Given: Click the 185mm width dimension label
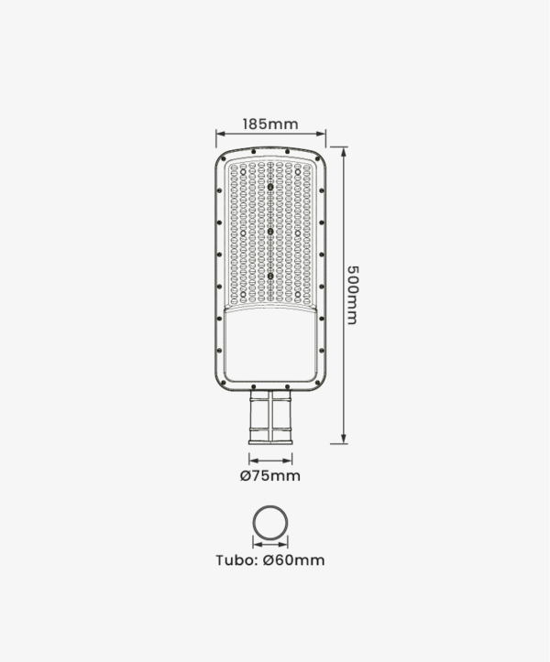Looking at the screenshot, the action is point(270,125).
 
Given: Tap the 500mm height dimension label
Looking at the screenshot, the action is point(352,295).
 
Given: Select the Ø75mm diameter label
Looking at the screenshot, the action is point(270,476).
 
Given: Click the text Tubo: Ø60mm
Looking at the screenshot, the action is point(270,560).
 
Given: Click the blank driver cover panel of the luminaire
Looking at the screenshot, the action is point(270,344).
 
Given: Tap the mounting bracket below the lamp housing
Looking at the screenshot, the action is point(270,418).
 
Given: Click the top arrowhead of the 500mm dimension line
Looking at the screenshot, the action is point(344,151).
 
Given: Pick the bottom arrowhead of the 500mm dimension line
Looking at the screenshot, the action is point(344,440).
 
